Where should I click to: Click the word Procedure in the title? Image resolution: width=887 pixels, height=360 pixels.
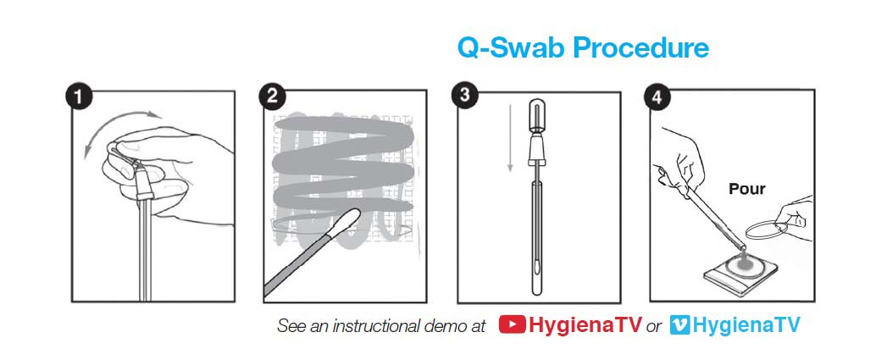[x=641, y=48]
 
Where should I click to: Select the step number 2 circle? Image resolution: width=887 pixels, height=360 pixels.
[x=271, y=97]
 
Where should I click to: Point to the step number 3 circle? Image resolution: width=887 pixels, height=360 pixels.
[x=464, y=95]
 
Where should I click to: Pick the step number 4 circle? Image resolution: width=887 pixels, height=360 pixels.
[x=657, y=97]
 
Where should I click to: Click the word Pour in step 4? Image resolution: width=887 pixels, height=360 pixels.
[x=746, y=189]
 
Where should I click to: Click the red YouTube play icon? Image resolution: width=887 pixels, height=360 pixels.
[x=512, y=325]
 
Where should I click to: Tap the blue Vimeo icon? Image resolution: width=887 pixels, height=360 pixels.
[x=679, y=325]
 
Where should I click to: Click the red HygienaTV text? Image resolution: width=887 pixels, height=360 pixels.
[x=585, y=325]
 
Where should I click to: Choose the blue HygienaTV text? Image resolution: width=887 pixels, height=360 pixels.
[x=746, y=325]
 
